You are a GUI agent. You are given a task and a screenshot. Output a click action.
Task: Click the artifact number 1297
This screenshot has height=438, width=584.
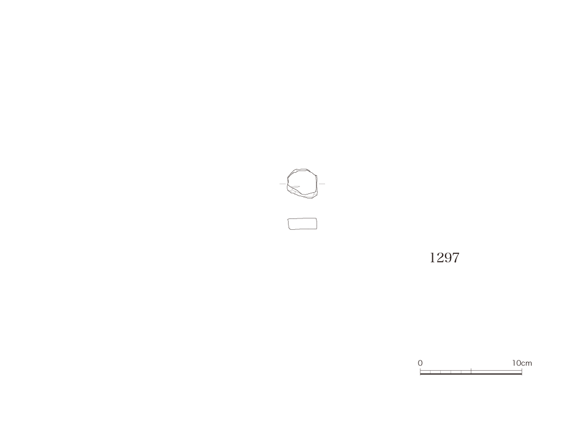pyautogui.click(x=444, y=258)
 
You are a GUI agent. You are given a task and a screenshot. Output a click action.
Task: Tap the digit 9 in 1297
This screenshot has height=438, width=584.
pyautogui.click(x=448, y=258)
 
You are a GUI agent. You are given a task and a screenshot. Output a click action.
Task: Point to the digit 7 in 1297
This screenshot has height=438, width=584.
pyautogui.click(x=456, y=258)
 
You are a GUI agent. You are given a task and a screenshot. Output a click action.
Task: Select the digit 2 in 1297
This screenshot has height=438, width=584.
pyautogui.click(x=440, y=258)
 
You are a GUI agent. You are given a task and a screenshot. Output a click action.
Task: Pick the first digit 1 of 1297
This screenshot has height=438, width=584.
pyautogui.click(x=433, y=258)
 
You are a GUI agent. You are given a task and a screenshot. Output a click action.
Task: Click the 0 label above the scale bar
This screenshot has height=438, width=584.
pyautogui.click(x=420, y=363)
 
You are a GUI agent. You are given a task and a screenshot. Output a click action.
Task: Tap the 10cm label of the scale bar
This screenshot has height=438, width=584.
pyautogui.click(x=522, y=363)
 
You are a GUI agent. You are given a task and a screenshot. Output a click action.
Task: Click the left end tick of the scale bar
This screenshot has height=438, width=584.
pyautogui.click(x=420, y=371)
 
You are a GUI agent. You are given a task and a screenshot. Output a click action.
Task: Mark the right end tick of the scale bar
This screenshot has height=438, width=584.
pyautogui.click(x=522, y=371)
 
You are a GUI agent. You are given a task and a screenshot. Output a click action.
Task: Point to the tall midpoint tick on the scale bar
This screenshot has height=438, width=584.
pyautogui.click(x=471, y=371)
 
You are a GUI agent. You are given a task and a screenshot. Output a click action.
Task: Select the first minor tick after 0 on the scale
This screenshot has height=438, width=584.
pyautogui.click(x=430, y=372)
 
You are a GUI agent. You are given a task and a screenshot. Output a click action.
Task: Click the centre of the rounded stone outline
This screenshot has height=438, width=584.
pyautogui.click(x=302, y=183)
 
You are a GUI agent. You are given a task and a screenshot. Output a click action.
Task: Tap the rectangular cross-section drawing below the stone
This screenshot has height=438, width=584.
pyautogui.click(x=302, y=224)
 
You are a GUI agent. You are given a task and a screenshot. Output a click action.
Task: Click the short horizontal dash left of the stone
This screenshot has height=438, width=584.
pyautogui.click(x=283, y=184)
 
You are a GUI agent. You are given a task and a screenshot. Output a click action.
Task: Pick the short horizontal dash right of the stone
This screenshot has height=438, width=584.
pyautogui.click(x=322, y=184)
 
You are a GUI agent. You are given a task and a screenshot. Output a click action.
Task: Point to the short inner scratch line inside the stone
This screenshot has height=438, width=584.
pyautogui.click(x=295, y=186)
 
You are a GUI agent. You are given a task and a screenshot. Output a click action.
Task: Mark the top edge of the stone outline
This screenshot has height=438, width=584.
pyautogui.click(x=302, y=169)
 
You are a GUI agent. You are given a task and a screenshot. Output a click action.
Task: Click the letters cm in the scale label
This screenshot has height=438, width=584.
pyautogui.click(x=526, y=363)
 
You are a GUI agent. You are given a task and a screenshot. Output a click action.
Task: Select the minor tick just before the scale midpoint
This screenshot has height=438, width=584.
pyautogui.click(x=461, y=372)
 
